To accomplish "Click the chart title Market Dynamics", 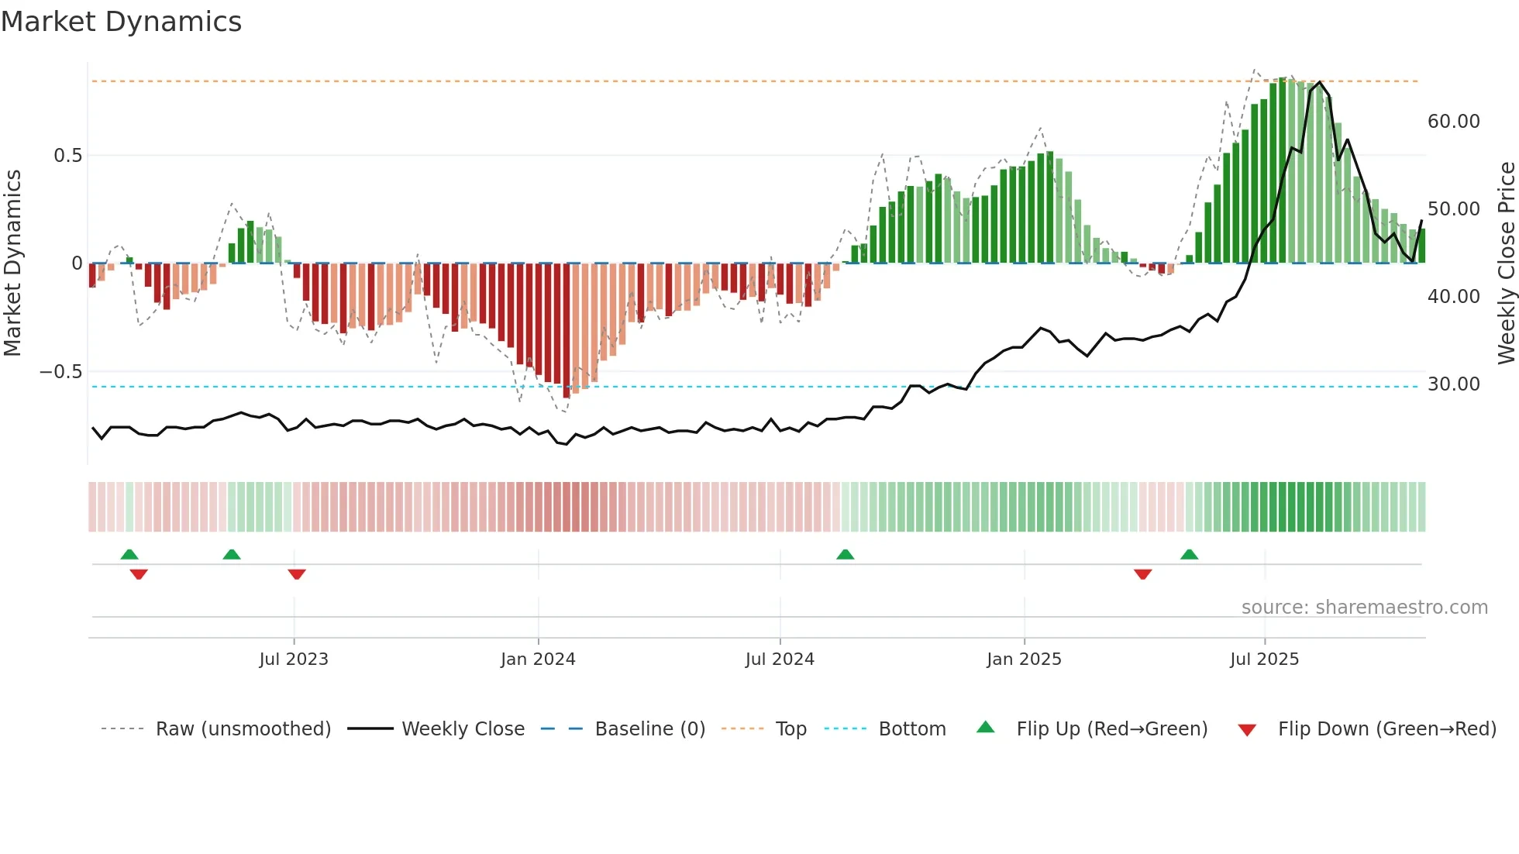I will tap(122, 22).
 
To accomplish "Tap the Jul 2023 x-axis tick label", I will tap(294, 659).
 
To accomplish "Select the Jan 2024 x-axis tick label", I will tap(538, 659).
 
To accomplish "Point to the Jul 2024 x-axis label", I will tap(780, 659).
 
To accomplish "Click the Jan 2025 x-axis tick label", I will tap(1024, 659).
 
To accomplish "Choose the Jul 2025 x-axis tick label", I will tap(1264, 659).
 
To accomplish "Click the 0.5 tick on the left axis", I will tap(67, 156).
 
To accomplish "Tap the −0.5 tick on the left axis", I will tap(61, 372).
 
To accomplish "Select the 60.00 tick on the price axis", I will tap(1453, 122).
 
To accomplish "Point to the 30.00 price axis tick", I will tap(1453, 384).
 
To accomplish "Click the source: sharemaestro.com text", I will tap(1364, 608).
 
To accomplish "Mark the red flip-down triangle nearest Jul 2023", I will tap(297, 574).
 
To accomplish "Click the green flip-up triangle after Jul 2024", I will tap(846, 555).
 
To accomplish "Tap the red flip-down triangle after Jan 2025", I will tap(1142, 574).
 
